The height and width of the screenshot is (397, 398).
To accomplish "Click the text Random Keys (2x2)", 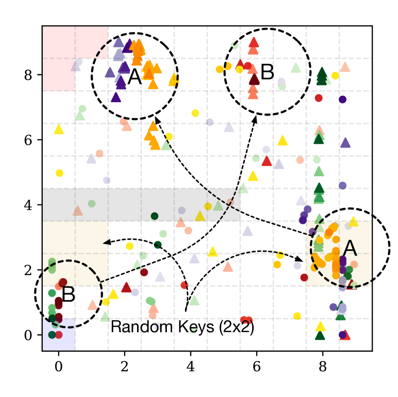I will tap(182, 327).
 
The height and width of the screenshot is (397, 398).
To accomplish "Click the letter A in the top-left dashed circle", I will tap(135, 77).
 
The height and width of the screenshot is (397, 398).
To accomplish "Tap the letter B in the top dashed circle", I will tap(267, 73).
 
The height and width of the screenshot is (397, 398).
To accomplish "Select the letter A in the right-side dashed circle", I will tap(350, 248).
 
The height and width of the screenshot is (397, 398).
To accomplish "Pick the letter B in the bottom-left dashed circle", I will tap(68, 295).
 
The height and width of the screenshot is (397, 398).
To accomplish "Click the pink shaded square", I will tap(59, 58).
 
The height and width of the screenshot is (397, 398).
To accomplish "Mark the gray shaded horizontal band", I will tap(141, 205).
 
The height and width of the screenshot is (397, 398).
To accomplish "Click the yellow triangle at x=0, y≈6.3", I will tap(59, 129).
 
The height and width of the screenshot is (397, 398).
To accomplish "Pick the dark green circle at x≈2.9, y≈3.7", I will tap(154, 216).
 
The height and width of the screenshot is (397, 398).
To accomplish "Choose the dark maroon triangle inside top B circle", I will tap(254, 80).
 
